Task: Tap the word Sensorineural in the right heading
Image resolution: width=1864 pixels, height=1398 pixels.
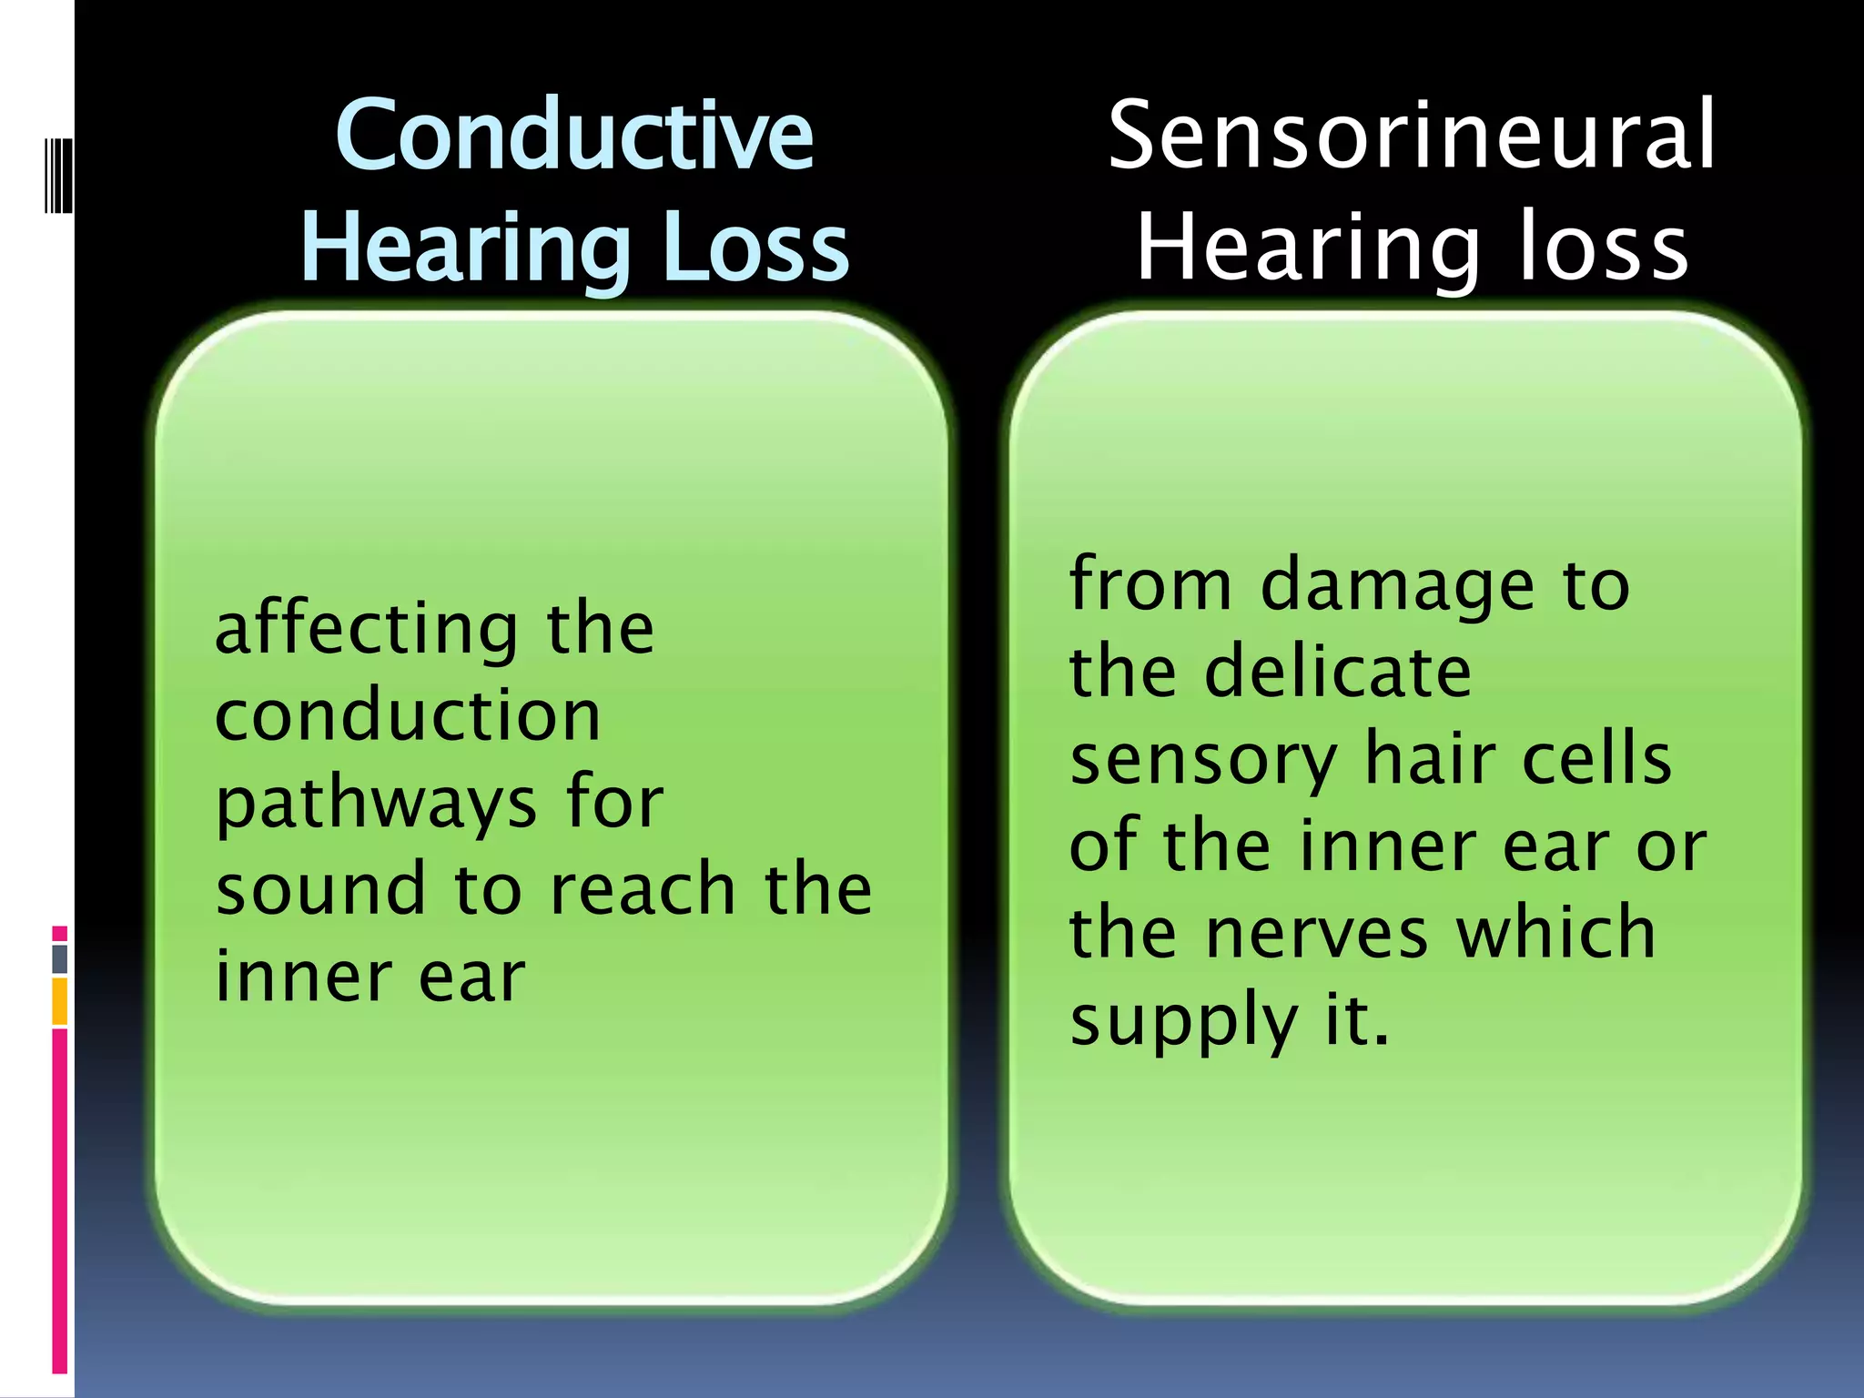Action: point(1411,137)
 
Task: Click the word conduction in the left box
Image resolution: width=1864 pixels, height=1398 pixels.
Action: point(408,715)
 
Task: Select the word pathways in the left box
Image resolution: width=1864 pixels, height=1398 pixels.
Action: point(376,805)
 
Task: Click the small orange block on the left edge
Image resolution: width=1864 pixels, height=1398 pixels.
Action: point(60,1001)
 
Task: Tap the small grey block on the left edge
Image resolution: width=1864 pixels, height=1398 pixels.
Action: point(60,959)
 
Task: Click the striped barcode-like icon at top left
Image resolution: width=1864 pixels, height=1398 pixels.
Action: point(58,175)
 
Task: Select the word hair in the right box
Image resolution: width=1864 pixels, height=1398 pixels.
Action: point(1429,759)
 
